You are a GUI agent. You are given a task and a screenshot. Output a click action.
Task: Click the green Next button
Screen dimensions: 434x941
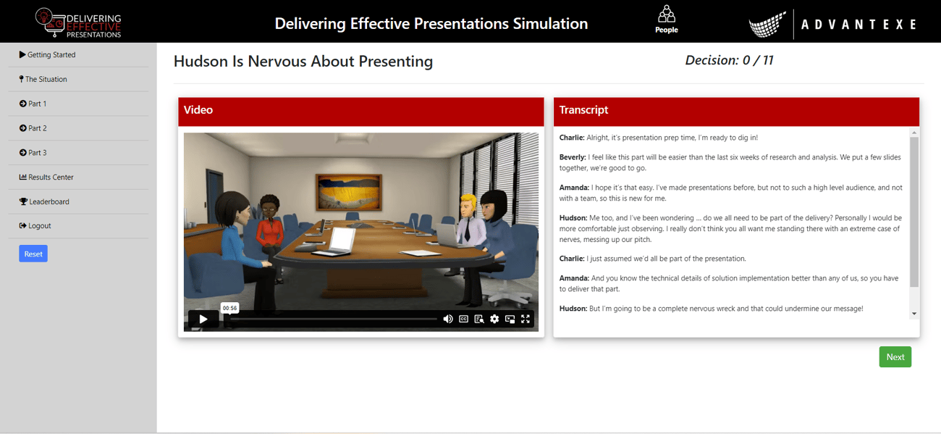click(895, 357)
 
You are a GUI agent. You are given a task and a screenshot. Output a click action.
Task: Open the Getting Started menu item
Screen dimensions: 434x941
click(51, 55)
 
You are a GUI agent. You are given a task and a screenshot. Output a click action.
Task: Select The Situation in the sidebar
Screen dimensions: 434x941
click(46, 80)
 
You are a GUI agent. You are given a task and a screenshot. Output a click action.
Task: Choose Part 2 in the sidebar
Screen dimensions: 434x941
click(37, 128)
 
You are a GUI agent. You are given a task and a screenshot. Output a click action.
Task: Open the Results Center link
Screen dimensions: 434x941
click(50, 178)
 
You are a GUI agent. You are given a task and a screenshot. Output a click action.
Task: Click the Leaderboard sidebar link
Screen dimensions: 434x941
click(48, 202)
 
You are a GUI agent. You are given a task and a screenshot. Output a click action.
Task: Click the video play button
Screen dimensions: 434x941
click(203, 319)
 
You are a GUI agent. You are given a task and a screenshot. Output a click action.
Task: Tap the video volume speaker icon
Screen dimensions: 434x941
click(448, 319)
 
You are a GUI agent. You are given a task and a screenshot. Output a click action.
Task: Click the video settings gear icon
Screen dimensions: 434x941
click(494, 319)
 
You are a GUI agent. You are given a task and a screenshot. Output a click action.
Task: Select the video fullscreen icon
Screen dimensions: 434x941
click(526, 319)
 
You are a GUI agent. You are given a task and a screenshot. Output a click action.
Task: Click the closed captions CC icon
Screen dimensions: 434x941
click(464, 319)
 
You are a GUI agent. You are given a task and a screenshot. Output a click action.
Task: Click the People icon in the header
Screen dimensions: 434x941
click(666, 20)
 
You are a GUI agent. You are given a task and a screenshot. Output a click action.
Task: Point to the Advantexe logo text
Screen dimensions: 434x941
click(858, 25)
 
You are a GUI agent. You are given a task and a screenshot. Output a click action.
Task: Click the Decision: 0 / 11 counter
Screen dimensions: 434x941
click(729, 61)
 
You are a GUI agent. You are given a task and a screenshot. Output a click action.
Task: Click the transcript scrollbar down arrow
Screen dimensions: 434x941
click(914, 314)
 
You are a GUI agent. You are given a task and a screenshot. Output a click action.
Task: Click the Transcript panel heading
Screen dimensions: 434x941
click(583, 110)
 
